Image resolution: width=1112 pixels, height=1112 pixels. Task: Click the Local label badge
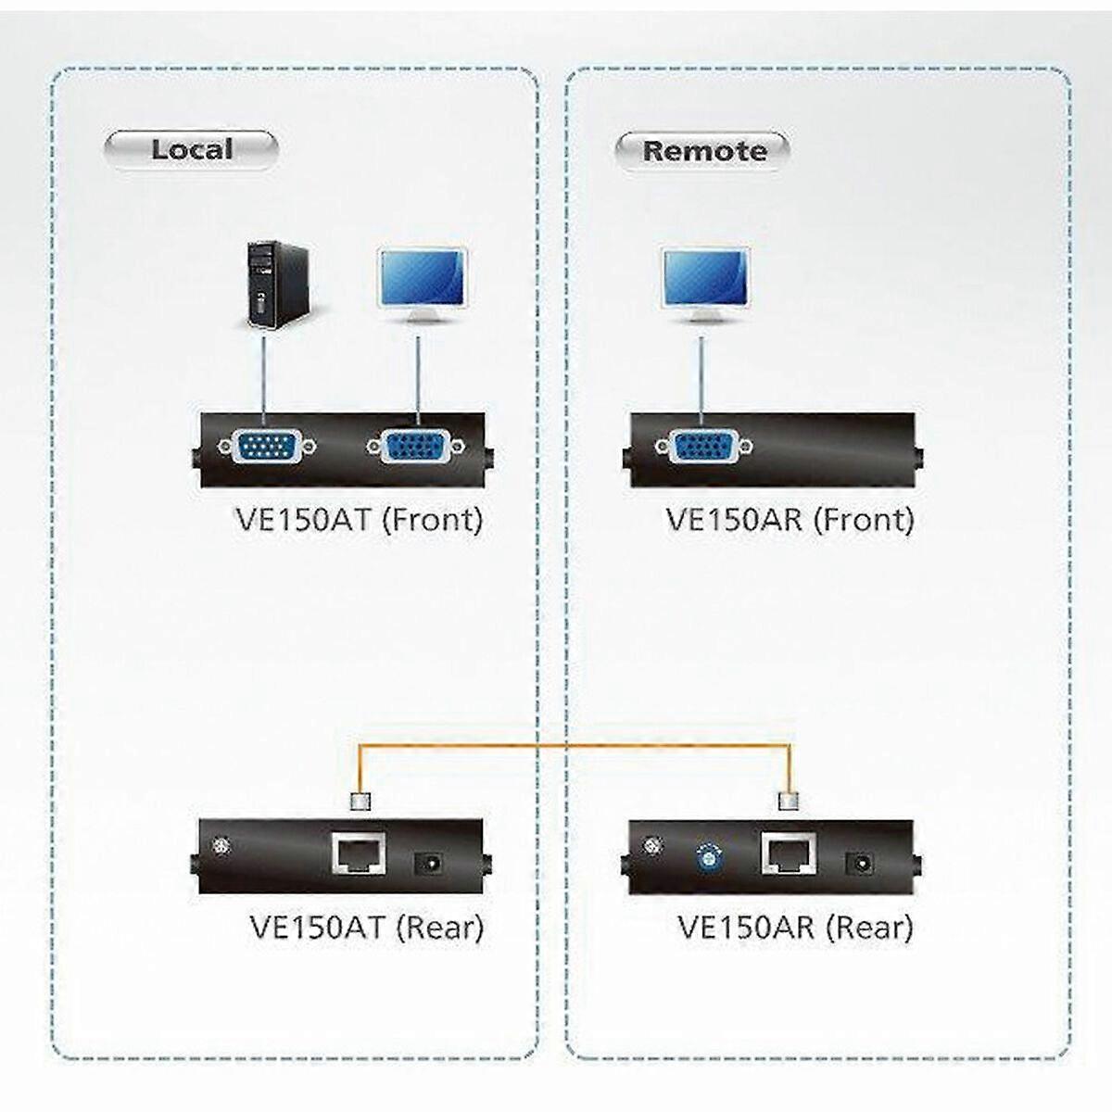(x=191, y=150)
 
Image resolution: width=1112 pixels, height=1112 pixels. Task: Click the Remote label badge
(x=703, y=151)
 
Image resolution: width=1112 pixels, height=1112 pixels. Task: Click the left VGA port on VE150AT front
(x=268, y=448)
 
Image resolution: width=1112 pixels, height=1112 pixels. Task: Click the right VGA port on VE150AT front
(x=416, y=449)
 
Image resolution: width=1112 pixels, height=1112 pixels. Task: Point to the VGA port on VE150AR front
(x=703, y=449)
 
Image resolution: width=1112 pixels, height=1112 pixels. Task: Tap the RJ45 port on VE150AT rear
(x=359, y=853)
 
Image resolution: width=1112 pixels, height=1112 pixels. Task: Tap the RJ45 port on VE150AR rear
(x=788, y=853)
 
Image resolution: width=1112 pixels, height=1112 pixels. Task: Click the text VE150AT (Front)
(x=360, y=519)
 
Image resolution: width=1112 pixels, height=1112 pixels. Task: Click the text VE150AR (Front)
(x=790, y=519)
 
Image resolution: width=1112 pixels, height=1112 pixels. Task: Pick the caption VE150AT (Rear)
(x=367, y=927)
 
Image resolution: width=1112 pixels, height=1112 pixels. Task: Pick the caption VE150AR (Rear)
(x=795, y=927)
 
